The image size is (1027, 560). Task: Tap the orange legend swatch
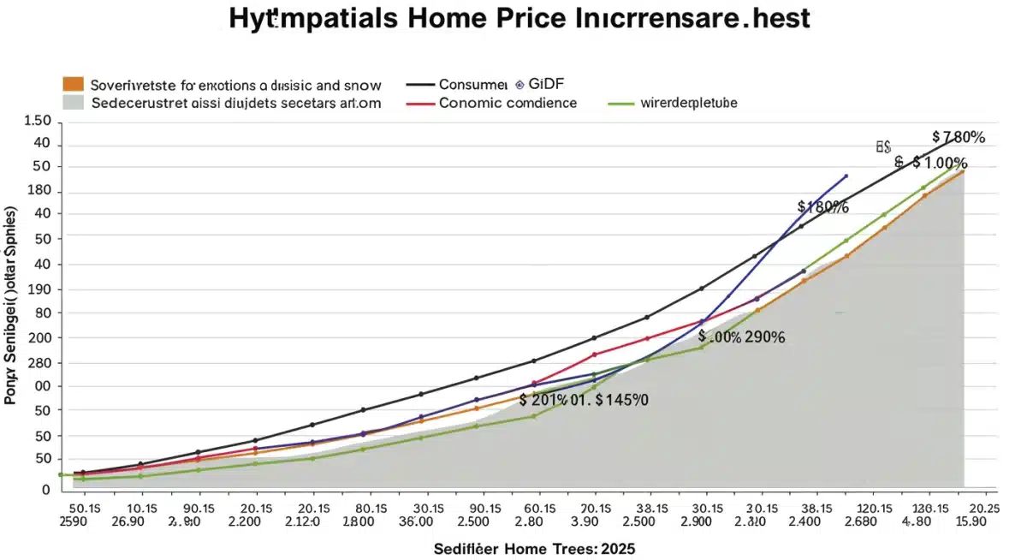73,84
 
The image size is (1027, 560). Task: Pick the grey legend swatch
73,102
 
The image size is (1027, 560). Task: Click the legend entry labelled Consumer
472,84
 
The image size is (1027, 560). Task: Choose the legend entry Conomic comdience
508,103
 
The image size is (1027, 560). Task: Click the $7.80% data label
959,137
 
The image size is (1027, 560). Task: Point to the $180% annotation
822,206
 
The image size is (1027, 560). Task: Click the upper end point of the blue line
846,176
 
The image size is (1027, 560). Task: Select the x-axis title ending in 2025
535,547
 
